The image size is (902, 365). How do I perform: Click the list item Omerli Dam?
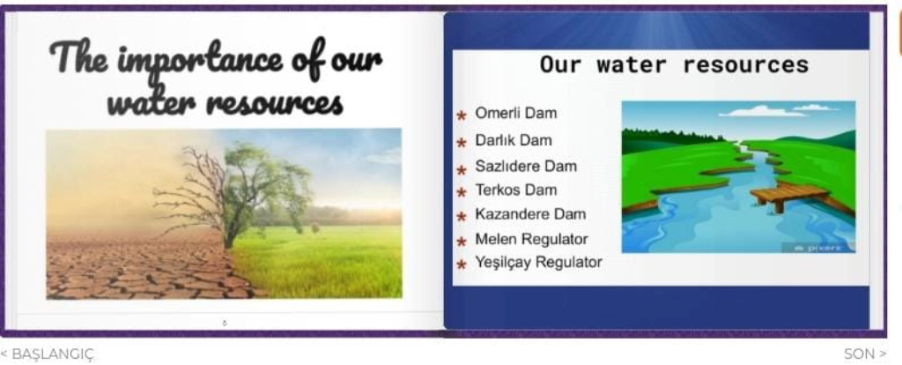(516, 113)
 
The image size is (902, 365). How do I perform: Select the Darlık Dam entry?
(514, 140)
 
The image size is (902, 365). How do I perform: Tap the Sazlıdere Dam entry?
(526, 167)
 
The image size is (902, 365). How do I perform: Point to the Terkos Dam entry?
(516, 190)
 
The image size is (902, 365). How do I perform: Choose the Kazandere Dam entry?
(530, 214)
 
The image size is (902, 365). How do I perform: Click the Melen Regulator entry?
(531, 239)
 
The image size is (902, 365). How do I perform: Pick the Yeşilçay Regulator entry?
(538, 263)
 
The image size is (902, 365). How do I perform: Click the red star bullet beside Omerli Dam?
(462, 115)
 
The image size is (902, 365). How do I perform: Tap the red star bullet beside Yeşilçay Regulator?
(462, 264)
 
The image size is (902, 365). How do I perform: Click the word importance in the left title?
(200, 61)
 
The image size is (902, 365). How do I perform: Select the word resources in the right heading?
(745, 64)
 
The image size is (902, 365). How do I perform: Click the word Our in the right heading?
(561, 64)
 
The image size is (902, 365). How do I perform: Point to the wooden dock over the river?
(790, 195)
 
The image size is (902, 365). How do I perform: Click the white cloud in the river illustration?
(763, 110)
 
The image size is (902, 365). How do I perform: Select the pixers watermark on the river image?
(817, 248)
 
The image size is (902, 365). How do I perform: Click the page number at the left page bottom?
(225, 323)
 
